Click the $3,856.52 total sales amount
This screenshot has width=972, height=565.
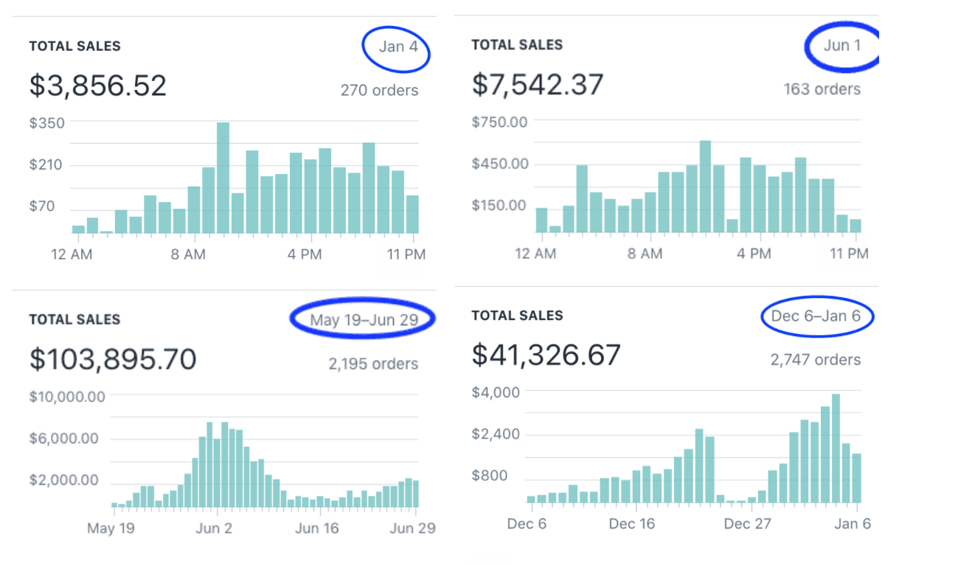(98, 86)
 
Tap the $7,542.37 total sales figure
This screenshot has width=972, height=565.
(538, 84)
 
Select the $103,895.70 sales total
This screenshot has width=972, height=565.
(113, 359)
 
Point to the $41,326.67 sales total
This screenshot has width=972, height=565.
(546, 356)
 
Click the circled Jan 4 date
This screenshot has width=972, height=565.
(398, 47)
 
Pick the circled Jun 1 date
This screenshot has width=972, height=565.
(842, 46)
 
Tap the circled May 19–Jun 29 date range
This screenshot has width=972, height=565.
(364, 320)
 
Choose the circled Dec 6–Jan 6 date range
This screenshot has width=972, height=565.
(816, 316)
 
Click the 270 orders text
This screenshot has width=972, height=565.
(379, 91)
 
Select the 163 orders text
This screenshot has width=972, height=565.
(822, 89)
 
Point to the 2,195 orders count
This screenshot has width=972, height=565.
(373, 364)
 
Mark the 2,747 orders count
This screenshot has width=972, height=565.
(816, 360)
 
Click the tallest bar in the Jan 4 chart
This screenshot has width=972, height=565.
(223, 177)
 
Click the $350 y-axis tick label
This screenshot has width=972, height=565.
(47, 123)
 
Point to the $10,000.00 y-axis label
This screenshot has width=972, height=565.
(67, 397)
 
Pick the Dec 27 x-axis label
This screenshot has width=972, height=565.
(747, 524)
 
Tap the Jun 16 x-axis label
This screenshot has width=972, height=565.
(317, 528)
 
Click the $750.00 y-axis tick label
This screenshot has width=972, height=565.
(500, 122)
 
